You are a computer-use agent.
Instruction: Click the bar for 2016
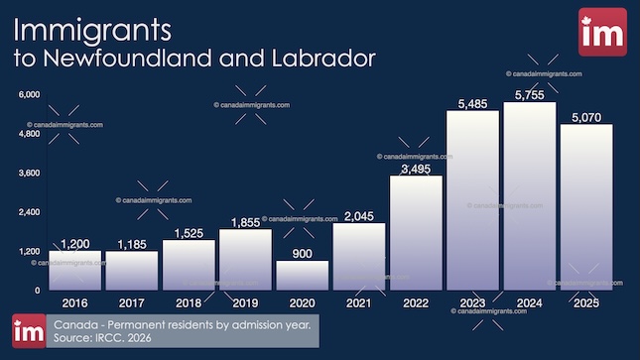[74, 270]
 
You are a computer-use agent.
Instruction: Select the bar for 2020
[302, 275]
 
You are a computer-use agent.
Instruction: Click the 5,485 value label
[472, 102]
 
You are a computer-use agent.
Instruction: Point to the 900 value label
[302, 253]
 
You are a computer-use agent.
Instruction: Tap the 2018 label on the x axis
[188, 300]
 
